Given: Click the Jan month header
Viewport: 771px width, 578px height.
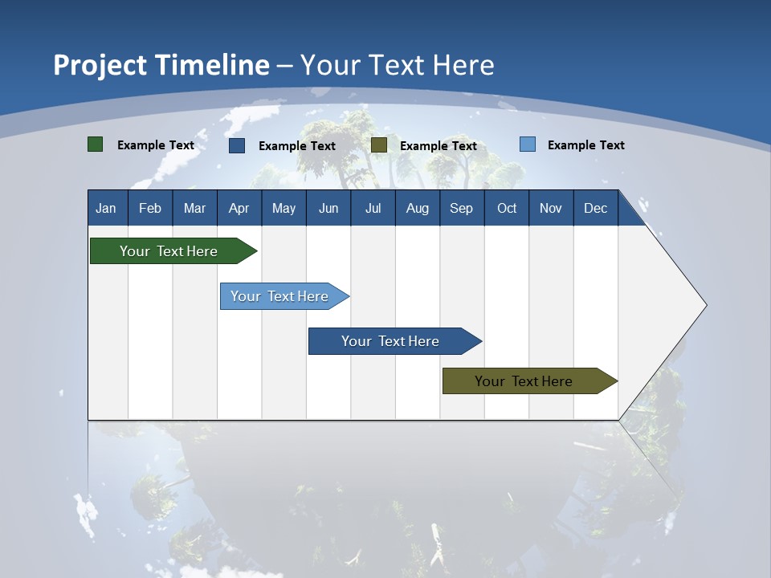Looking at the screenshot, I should click(x=107, y=208).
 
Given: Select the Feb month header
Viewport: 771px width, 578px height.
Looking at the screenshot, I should click(x=150, y=208).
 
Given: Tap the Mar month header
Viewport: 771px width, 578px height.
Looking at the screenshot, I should click(x=194, y=208).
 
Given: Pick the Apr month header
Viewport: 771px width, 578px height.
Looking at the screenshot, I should click(x=239, y=208).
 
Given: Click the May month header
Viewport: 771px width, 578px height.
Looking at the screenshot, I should click(x=284, y=208).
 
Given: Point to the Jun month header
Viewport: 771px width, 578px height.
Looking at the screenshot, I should click(x=328, y=208).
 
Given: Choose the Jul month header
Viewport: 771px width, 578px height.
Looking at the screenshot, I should click(x=373, y=208).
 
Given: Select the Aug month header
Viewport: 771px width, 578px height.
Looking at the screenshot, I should click(x=418, y=208).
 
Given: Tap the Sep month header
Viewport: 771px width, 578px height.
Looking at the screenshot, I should click(x=462, y=208).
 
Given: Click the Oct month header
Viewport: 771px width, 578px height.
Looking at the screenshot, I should click(x=507, y=208).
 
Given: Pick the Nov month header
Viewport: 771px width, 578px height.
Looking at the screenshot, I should click(x=551, y=208).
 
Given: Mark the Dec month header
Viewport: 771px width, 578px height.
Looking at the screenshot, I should click(x=596, y=208).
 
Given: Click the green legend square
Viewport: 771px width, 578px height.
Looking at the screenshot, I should click(x=96, y=144).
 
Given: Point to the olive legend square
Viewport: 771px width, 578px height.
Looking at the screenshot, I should click(x=379, y=144).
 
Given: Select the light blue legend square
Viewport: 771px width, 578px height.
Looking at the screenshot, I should click(x=528, y=144).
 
